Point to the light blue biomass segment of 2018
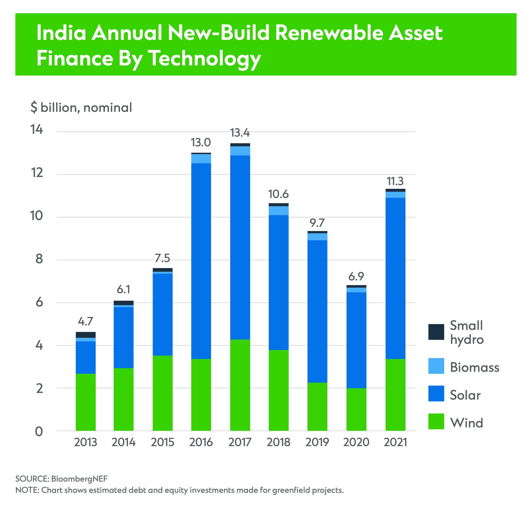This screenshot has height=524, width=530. [278, 211]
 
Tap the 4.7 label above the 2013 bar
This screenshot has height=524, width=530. [86, 321]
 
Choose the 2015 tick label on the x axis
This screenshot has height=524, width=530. [162, 442]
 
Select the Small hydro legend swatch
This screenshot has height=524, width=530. [436, 332]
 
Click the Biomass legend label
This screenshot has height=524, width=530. [474, 367]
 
